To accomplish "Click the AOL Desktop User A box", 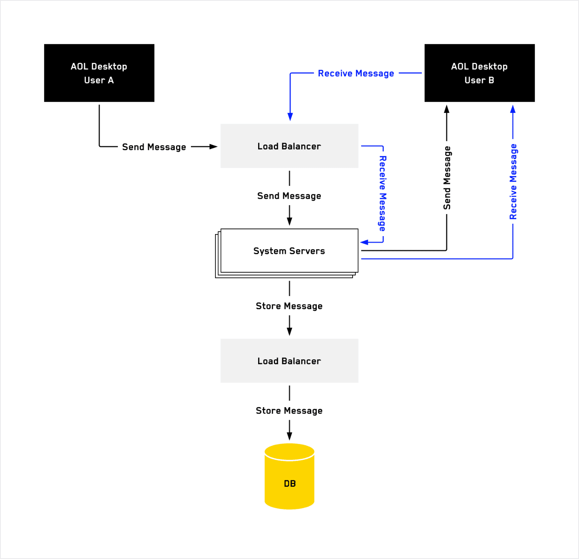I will [99, 73].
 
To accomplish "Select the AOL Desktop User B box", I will [479, 73].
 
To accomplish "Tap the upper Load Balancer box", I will [289, 146].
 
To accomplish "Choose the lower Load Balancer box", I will [289, 361].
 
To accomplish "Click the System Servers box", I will [289, 251].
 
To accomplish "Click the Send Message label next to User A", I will [154, 147].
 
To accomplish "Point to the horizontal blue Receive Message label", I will [356, 73].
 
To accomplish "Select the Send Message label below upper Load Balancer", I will [289, 196].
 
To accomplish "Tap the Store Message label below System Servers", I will [289, 306].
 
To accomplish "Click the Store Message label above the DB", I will [289, 410].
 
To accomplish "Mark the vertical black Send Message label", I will [447, 178].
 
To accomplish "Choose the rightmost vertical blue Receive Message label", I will [513, 182].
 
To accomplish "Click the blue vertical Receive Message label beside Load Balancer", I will [382, 194].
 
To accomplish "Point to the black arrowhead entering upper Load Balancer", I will [214, 147].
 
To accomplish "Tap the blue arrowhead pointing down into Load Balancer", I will [290, 116].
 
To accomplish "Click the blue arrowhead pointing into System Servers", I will [364, 242].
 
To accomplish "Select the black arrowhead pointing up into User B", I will [446, 109].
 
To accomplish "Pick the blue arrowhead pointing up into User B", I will [513, 109].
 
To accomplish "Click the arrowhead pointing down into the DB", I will [289, 436].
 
